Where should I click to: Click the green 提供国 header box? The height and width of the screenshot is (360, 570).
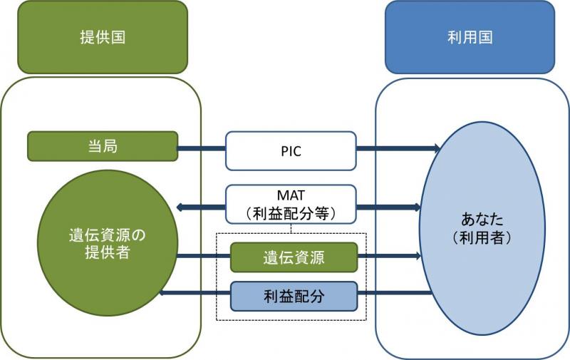[x=102, y=37]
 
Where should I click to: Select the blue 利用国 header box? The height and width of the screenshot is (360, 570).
[x=470, y=37]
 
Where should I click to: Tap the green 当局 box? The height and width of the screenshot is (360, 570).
[x=102, y=146]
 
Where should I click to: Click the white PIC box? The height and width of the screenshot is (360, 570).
[x=291, y=150]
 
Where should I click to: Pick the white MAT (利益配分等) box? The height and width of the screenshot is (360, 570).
[x=291, y=203]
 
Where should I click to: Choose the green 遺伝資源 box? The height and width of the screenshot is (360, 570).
[x=293, y=257]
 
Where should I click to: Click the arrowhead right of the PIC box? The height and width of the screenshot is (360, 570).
[x=435, y=149]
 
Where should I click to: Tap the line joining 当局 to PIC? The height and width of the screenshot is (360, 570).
[x=202, y=149]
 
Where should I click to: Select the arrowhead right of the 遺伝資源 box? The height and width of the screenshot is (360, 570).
[x=416, y=256]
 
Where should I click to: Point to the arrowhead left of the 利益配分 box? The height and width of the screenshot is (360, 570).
[x=164, y=293]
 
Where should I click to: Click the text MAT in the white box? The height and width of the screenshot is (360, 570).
[x=291, y=195]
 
